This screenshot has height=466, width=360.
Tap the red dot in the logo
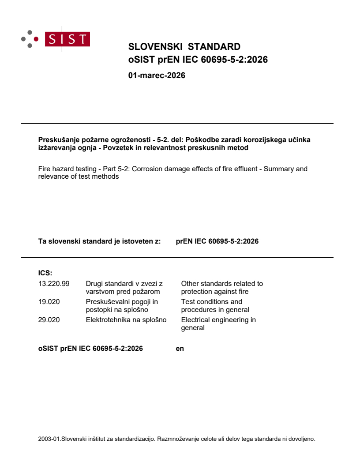tap(36, 39)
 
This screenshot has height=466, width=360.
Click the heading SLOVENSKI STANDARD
tap(184, 47)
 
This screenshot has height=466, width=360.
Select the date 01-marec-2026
tap(157, 75)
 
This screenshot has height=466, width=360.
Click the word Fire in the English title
tap(45, 169)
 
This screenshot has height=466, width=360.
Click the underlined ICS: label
tap(45, 273)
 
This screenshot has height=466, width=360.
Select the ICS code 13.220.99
tap(54, 284)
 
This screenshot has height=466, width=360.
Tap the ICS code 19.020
tap(49, 302)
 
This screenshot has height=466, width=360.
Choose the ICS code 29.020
tap(49, 320)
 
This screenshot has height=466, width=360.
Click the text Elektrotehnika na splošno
tap(126, 320)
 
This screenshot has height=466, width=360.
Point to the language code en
tap(180, 349)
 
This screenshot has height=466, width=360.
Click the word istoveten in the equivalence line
tap(134, 241)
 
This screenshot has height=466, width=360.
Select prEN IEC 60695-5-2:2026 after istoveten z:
tap(217, 241)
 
